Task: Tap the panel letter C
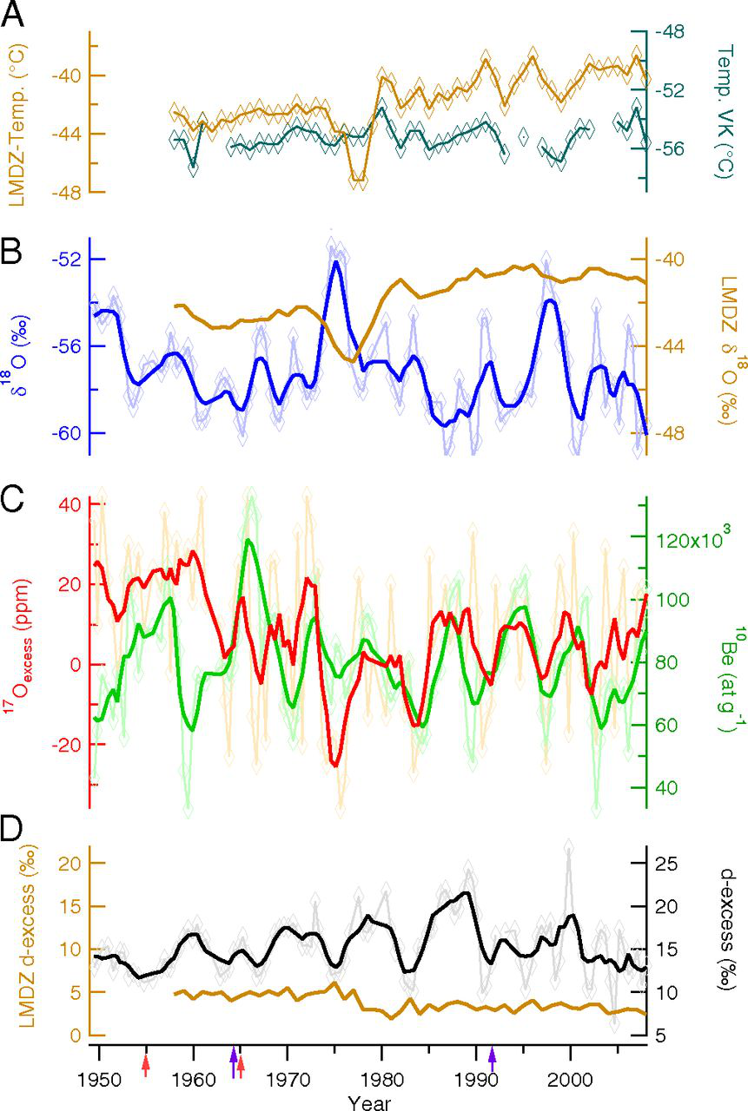pyautogui.click(x=15, y=498)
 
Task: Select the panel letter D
pyautogui.click(x=15, y=830)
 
